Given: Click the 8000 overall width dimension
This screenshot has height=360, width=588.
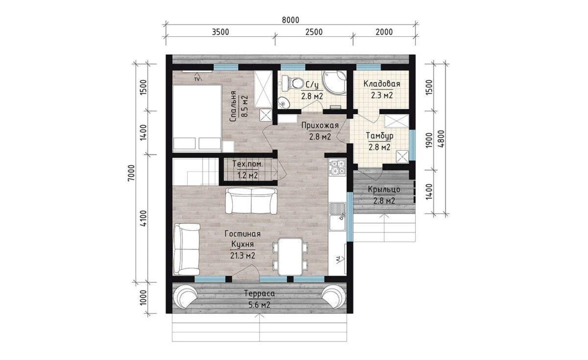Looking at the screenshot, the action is [x=291, y=20].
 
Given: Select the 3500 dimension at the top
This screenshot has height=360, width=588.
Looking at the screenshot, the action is [x=220, y=32].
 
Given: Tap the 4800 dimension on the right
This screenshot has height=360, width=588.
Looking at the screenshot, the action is [x=441, y=139].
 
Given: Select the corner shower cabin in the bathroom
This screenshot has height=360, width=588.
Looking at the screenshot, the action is [x=334, y=83].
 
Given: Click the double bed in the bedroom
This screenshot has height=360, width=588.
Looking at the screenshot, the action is [x=197, y=118].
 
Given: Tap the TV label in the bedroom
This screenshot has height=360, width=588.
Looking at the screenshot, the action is [x=197, y=79].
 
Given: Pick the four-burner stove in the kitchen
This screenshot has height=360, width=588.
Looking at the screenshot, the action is [x=338, y=168].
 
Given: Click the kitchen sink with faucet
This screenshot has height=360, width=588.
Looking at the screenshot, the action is [x=338, y=216].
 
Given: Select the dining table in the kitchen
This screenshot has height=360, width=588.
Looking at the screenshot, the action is [x=290, y=256].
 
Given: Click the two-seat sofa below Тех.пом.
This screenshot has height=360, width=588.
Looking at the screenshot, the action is [x=251, y=201].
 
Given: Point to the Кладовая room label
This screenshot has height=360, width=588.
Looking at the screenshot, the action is [x=382, y=84].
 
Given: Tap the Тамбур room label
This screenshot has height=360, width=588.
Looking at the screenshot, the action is [x=380, y=136].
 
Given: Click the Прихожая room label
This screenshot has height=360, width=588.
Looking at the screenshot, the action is [x=319, y=125].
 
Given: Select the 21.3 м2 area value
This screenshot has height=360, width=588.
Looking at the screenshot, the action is [x=243, y=255].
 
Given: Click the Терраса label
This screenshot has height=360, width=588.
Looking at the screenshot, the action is [x=259, y=293].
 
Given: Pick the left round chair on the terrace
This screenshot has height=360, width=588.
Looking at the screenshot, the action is [x=186, y=296].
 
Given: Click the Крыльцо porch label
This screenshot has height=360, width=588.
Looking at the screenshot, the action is [x=384, y=190].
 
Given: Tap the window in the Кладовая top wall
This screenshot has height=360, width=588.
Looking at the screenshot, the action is [x=368, y=67].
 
